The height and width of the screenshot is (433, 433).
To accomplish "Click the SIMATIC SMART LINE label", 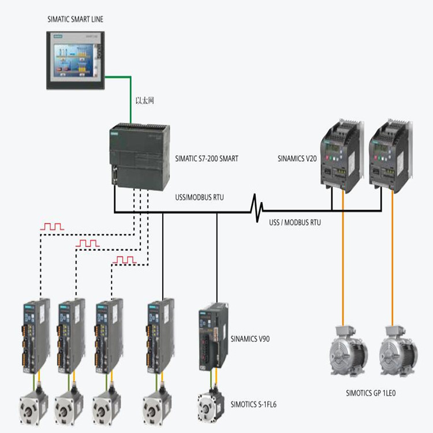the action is [76, 19].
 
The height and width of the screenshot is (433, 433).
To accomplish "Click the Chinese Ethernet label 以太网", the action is [145, 100].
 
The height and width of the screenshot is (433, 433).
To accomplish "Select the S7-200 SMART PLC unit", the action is [140, 157].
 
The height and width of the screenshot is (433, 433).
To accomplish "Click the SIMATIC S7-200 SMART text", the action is [207, 159].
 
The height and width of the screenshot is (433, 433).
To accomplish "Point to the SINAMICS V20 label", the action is [297, 159].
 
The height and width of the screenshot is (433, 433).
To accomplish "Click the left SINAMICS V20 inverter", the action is [342, 155].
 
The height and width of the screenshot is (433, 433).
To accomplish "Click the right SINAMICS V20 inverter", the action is [391, 155].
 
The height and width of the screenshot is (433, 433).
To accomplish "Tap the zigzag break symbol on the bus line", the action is [257, 208].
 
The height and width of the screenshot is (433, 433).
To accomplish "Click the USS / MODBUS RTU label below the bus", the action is [295, 223].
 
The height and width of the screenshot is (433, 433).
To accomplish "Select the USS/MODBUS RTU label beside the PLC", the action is [199, 197].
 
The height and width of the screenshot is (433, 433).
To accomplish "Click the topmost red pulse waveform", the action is [52, 227].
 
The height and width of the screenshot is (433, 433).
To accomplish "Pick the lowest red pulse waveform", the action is [125, 260].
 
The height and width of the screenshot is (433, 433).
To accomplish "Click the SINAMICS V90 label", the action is [250, 339].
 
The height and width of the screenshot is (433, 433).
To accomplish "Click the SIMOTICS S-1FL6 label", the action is [253, 405].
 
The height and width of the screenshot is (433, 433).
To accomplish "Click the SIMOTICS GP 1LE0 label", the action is [371, 393].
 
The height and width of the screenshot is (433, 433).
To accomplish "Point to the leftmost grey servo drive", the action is [36, 336].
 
